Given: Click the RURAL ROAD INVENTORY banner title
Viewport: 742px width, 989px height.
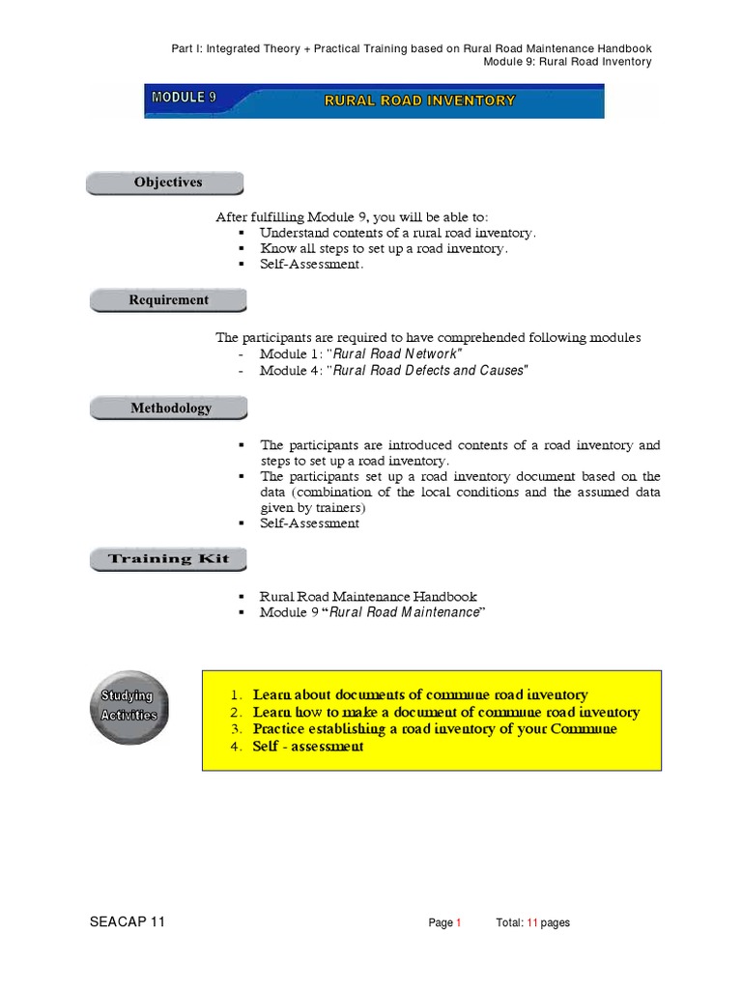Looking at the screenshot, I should (x=419, y=100).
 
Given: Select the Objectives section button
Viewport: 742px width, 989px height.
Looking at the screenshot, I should (x=167, y=183).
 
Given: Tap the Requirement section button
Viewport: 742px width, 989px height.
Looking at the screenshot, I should (x=168, y=300).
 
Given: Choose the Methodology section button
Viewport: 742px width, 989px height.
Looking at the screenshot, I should (x=170, y=409).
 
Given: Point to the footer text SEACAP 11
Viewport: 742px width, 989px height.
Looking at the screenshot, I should (x=127, y=922).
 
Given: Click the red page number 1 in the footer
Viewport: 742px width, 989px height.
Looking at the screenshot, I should (x=459, y=923).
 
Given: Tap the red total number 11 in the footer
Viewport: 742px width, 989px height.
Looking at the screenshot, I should (x=531, y=923).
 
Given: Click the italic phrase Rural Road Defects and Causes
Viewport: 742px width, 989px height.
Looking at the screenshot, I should (x=430, y=371).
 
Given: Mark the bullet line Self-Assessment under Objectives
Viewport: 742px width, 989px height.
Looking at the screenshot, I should (x=311, y=265).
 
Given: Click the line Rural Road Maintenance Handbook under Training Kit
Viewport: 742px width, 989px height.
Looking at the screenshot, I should (x=368, y=597).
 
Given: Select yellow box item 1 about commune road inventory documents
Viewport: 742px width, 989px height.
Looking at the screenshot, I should (x=419, y=694).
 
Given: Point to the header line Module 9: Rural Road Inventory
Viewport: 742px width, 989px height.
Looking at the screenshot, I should (x=567, y=62).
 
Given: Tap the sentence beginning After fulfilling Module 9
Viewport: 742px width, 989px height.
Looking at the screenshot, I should (x=358, y=217).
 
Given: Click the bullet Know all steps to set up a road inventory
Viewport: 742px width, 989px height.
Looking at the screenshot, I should (x=384, y=248).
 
